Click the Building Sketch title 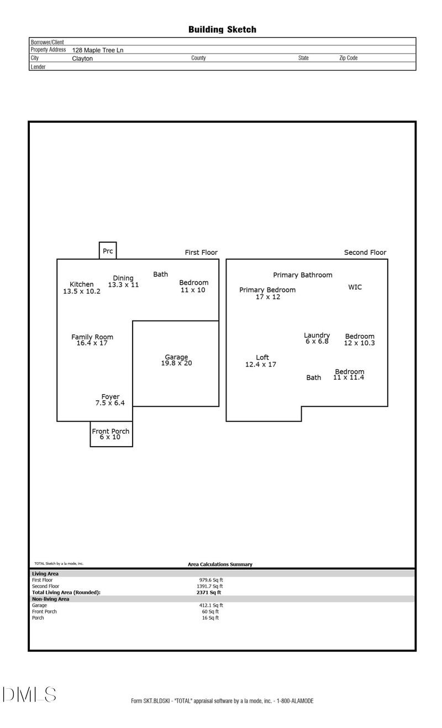[222, 29]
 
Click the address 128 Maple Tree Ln [98, 50]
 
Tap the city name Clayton [82, 58]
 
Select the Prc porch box [108, 251]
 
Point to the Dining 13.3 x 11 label [123, 281]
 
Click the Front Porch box [111, 434]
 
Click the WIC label [355, 287]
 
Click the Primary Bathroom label [303, 275]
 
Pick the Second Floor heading [365, 253]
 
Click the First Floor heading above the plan [201, 253]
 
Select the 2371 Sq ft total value [204, 592]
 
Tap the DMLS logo [29, 694]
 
